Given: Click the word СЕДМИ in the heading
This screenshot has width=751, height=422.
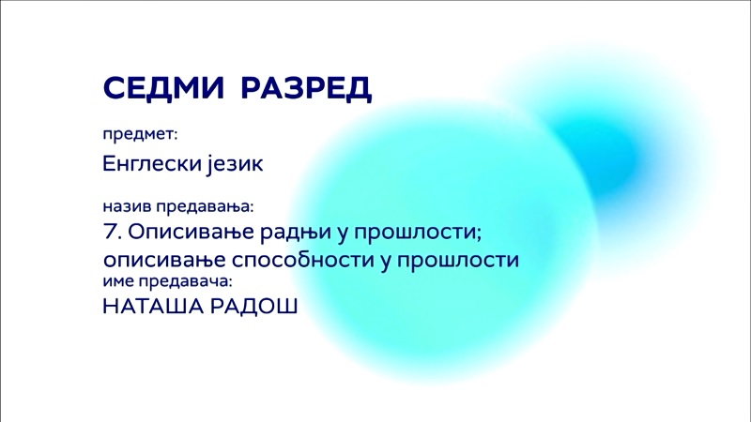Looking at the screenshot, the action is [x=163, y=87].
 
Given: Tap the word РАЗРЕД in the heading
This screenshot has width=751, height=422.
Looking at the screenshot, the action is [x=306, y=88].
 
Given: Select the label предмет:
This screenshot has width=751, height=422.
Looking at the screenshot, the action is [x=140, y=134].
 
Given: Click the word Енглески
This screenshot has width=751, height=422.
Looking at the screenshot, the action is [x=152, y=163].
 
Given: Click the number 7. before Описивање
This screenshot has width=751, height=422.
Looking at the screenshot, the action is [x=113, y=232].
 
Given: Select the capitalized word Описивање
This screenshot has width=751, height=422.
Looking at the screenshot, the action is [x=191, y=233].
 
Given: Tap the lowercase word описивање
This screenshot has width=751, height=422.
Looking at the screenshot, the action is [x=164, y=261].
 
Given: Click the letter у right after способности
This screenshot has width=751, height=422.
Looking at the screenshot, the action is [x=387, y=263].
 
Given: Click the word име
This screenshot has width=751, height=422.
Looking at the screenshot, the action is [x=118, y=282].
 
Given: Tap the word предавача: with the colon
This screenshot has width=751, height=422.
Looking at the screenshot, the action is [x=185, y=282].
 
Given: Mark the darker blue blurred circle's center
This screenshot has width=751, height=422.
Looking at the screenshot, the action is [x=605, y=158].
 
